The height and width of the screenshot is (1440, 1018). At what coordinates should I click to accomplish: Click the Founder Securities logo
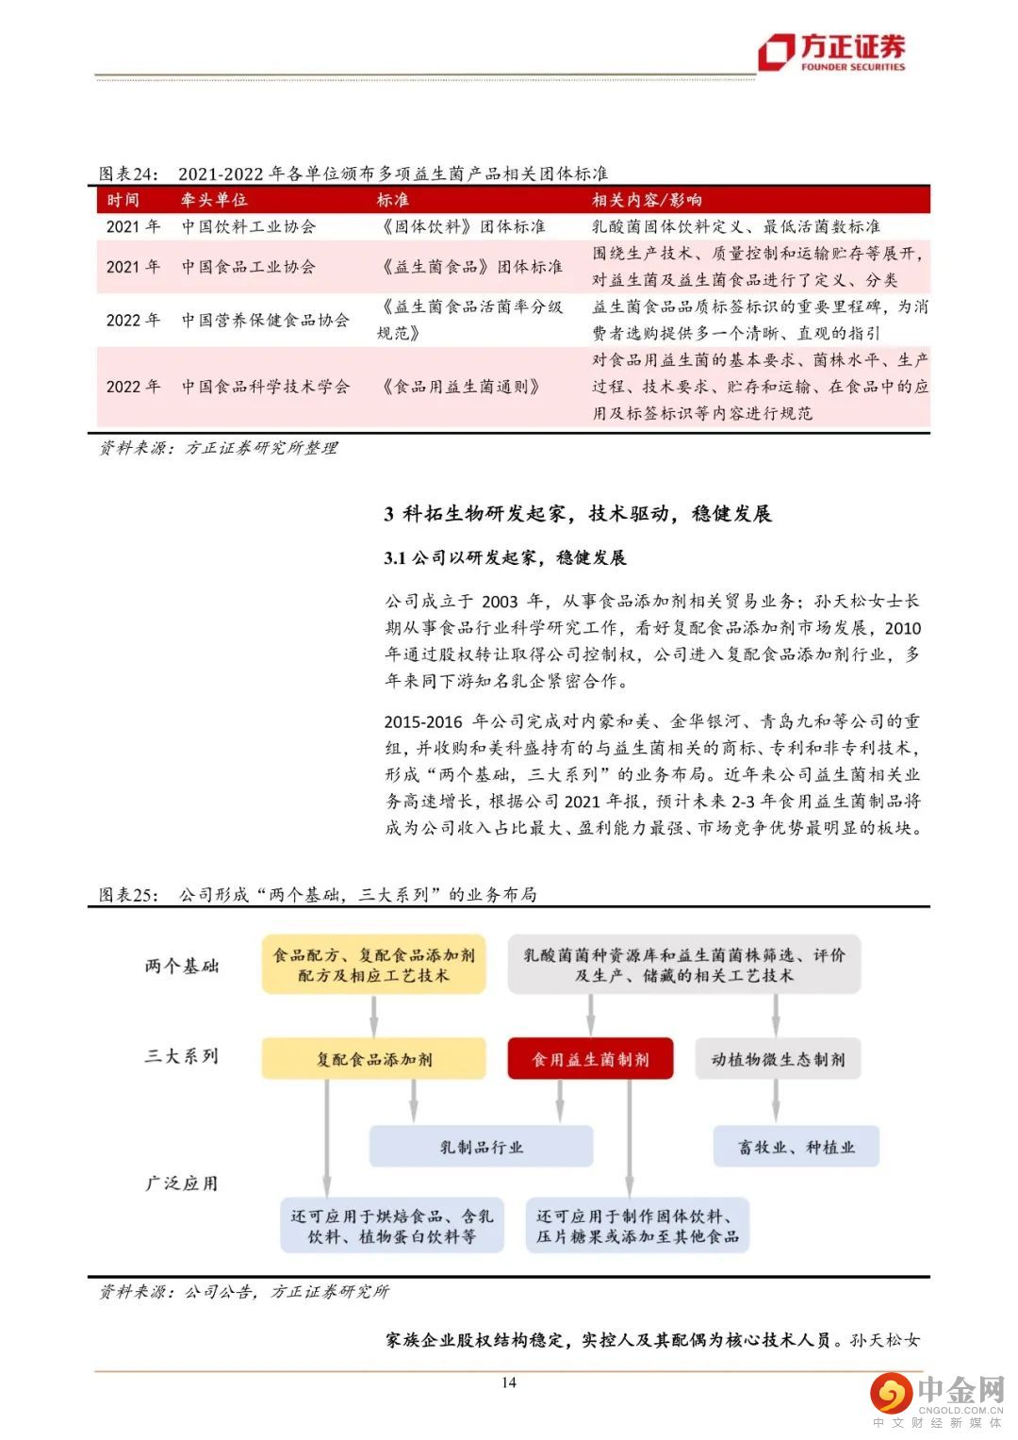coord(832,52)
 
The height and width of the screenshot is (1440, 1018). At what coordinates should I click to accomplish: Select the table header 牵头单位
coord(214,200)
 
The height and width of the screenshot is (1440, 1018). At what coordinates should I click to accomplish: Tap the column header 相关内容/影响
coord(647,200)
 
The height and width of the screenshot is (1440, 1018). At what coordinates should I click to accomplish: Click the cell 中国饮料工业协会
coord(249,227)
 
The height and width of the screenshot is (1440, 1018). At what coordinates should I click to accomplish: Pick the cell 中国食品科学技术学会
coord(266,387)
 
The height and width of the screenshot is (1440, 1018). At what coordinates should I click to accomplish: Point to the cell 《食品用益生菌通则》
coord(462,387)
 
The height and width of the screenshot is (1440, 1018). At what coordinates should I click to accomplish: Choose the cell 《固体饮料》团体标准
coord(462,227)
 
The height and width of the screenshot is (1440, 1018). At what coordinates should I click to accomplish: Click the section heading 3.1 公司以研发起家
coord(505,558)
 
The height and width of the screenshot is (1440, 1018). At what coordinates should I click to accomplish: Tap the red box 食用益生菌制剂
coord(591,1059)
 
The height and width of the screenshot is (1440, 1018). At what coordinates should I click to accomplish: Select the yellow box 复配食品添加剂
coord(374,1059)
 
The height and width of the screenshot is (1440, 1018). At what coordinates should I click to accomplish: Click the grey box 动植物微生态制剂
coord(778,1059)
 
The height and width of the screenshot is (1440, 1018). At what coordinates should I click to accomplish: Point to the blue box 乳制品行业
coord(481,1147)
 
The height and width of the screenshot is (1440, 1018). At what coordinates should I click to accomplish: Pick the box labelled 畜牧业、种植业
coord(796,1147)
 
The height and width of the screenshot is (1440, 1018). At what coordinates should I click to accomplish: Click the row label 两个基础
coord(182,966)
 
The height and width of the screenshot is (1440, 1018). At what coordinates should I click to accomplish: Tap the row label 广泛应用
coord(182,1183)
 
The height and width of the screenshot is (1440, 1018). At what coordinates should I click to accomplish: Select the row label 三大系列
coord(182,1056)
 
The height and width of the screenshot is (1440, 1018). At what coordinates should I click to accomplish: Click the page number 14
coord(509,1382)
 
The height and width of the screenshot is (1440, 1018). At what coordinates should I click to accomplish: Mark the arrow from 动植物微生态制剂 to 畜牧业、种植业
coord(777,1101)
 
